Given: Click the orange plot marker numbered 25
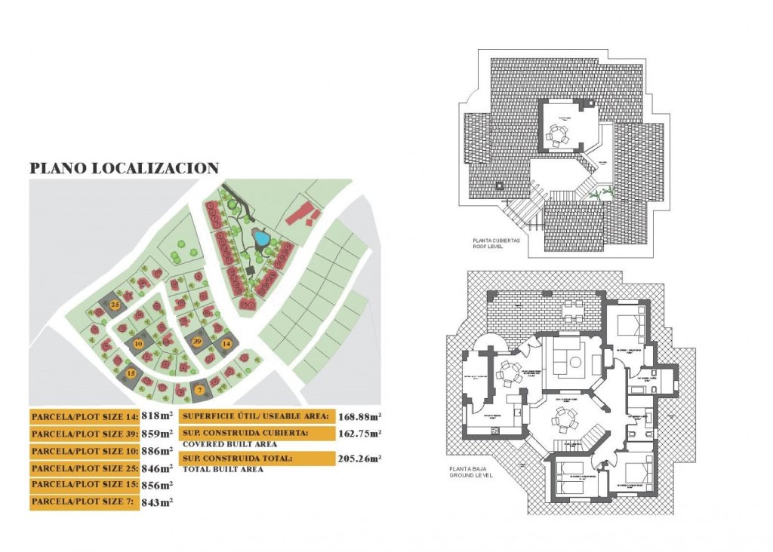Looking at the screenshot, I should tap(115, 304).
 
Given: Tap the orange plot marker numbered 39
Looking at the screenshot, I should tap(197, 342).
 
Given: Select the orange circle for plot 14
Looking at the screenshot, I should tap(226, 344).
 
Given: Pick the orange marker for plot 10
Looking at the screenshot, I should tap(138, 344).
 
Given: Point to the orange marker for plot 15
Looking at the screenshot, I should tap(131, 373).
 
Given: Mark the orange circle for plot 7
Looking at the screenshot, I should tap(199, 390).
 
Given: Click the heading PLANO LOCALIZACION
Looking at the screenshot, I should tap(124, 169).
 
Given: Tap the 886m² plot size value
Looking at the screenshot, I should tap(158, 451).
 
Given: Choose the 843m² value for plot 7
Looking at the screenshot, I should tap(158, 502).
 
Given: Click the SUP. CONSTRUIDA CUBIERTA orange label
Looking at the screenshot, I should tap(257, 434).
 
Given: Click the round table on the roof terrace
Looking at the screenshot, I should tap(557, 136).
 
